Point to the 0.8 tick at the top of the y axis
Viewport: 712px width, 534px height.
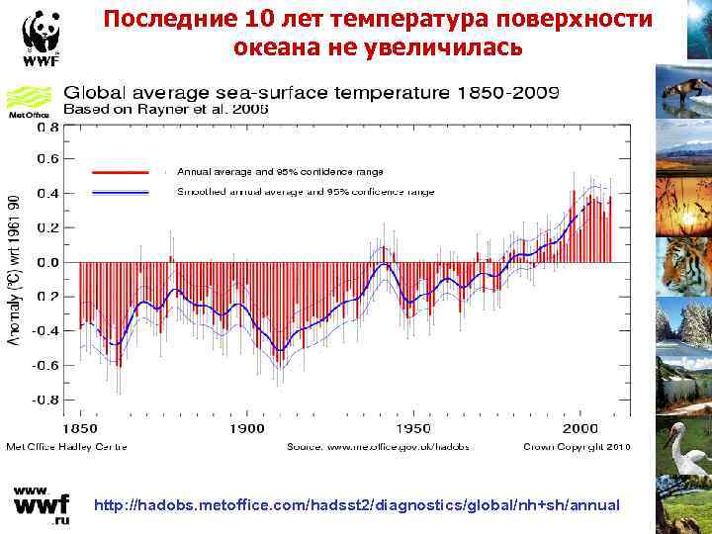[x=46, y=126]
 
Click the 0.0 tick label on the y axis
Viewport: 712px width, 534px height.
[x=46, y=263]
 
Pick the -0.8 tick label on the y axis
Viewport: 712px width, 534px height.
[x=44, y=400]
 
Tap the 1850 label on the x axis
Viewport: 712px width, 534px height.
[x=81, y=428]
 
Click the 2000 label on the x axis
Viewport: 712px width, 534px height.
[x=581, y=428]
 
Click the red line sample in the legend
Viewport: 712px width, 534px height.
[x=120, y=171]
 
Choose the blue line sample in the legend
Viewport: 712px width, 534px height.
[x=120, y=192]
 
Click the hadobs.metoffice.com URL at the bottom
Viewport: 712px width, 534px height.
[x=357, y=505]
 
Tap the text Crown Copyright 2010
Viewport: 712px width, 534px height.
[x=576, y=447]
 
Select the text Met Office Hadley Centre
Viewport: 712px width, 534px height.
[x=67, y=447]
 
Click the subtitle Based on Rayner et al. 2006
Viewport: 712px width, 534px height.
[x=166, y=109]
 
